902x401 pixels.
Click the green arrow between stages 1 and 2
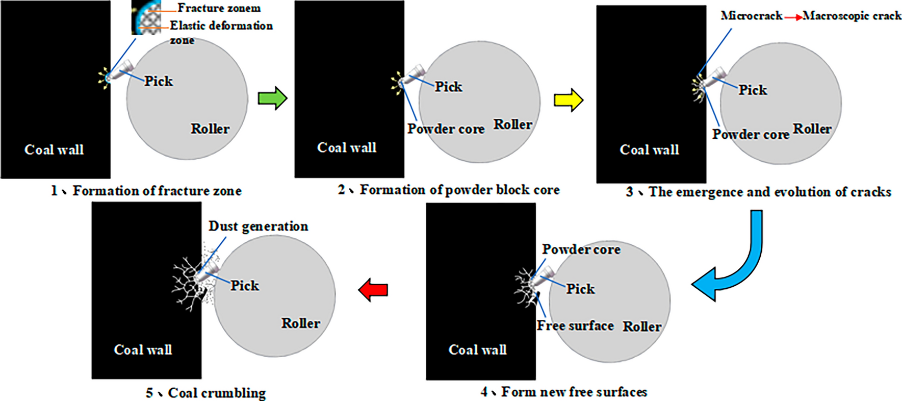click(x=272, y=98)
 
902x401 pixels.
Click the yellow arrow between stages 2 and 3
click(x=568, y=99)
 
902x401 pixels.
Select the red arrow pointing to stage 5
click(x=373, y=290)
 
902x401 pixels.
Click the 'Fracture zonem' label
click(x=219, y=8)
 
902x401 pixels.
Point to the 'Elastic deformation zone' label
click(x=221, y=26)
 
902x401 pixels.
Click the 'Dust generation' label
click(x=258, y=226)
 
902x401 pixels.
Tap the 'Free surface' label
click(x=575, y=325)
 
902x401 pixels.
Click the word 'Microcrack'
click(x=751, y=16)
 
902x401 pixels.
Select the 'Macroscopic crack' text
click(x=852, y=16)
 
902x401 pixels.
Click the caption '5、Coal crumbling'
click(x=205, y=393)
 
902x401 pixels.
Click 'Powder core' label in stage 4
click(x=581, y=249)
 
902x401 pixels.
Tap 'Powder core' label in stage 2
click(x=446, y=129)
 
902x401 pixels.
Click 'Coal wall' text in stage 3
click(x=649, y=149)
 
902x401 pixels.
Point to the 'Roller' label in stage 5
click(x=300, y=323)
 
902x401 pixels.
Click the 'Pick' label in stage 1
click(x=158, y=81)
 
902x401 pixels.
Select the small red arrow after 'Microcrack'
click(x=792, y=17)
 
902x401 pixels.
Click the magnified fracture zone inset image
click(x=146, y=17)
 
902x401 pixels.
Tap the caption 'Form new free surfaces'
click(x=564, y=392)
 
